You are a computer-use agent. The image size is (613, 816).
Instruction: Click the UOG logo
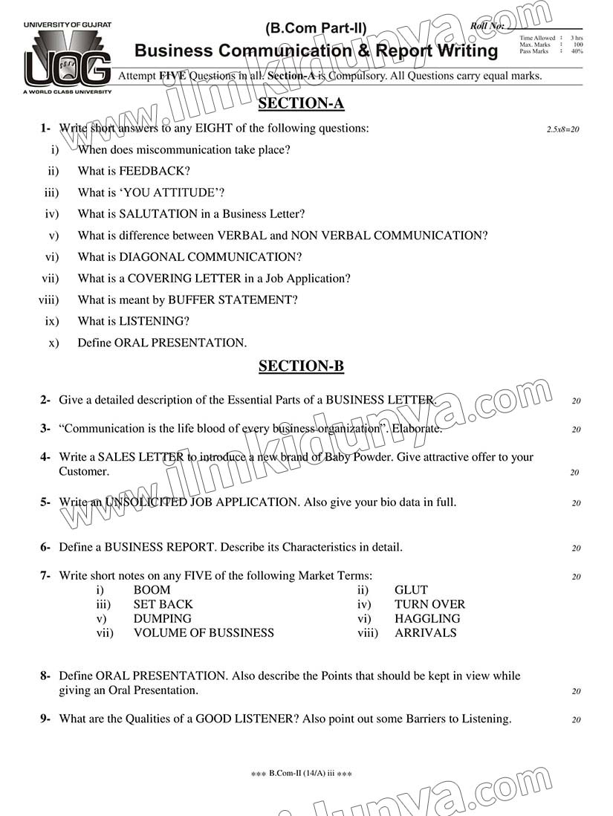(68, 58)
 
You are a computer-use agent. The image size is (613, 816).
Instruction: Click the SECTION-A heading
(301, 104)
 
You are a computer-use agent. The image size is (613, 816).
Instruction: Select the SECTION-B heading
(301, 366)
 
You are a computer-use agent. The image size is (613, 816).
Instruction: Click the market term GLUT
(411, 590)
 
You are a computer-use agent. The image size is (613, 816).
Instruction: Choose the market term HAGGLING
(427, 618)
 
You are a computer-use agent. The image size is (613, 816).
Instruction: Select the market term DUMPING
(162, 618)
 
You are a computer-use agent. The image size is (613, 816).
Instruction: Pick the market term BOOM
(152, 590)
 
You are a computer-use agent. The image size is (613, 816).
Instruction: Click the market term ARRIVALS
(425, 633)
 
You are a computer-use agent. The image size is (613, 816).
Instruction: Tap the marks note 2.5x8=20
(562, 129)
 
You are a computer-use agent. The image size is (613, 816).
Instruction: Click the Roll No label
(487, 26)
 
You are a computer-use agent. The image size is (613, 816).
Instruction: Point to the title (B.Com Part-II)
(316, 29)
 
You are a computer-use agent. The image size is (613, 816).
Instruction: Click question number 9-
(45, 719)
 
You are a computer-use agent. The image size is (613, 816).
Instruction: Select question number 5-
(45, 502)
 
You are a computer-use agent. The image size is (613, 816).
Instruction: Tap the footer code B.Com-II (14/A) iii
(302, 774)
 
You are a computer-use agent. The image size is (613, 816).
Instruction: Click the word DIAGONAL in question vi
(151, 257)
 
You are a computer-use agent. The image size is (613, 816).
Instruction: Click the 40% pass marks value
(577, 51)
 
